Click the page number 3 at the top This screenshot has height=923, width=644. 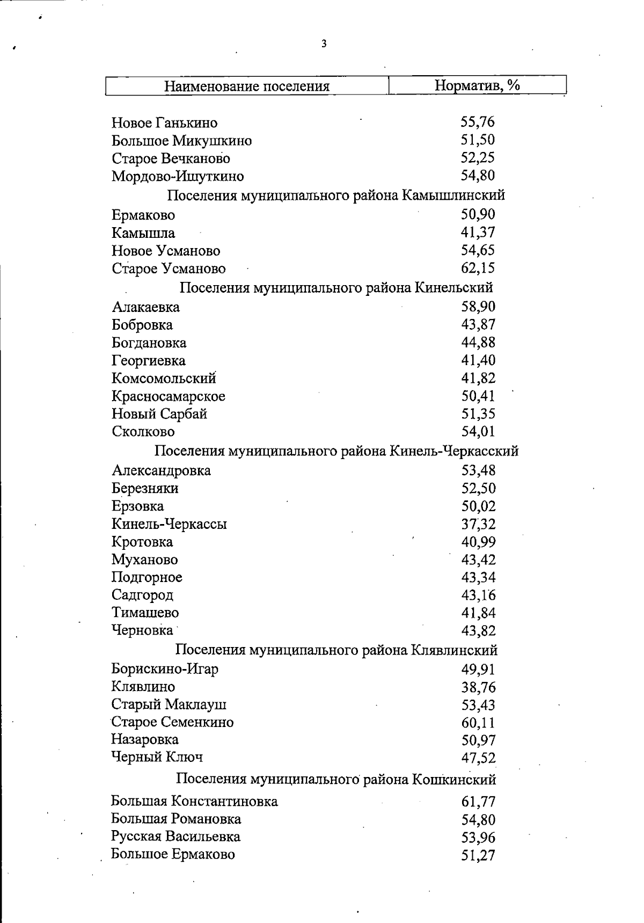324,44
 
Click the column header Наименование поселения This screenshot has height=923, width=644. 246,86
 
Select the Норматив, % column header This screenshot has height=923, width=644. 477,85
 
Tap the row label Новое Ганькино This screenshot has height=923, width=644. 165,123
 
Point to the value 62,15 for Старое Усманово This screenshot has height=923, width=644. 478,267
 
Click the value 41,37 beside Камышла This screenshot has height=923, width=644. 478,232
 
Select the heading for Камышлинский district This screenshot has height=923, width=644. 336,195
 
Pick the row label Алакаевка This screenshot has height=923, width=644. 146,307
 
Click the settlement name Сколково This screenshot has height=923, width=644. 143,431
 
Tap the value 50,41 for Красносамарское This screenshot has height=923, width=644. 478,396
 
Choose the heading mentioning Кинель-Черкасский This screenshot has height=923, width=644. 336,450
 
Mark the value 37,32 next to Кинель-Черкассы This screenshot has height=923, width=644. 478,524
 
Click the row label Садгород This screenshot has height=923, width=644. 142,595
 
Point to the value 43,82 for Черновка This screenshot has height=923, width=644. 478,630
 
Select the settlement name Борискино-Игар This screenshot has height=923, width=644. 165,669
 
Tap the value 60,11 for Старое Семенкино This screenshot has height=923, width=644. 478,722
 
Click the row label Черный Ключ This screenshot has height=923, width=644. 157,757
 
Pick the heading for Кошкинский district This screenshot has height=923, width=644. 336,779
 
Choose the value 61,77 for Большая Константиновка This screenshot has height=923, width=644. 478,802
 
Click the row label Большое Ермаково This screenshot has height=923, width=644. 173,854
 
